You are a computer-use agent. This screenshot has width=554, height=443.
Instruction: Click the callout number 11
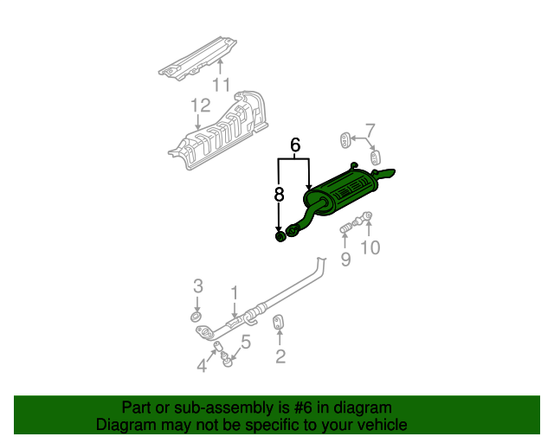click(222, 85)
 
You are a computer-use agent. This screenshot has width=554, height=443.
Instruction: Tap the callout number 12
click(200, 106)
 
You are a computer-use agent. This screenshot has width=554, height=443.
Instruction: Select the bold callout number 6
click(295, 144)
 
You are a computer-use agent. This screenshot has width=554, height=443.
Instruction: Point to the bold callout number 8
click(279, 195)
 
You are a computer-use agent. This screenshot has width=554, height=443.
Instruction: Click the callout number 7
click(370, 131)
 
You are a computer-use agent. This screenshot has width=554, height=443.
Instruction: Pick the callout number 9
click(346, 260)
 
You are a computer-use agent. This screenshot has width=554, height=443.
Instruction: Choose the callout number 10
click(370, 247)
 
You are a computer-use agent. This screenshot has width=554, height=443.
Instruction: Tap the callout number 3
click(198, 286)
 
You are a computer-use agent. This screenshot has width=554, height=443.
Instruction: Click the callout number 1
click(235, 293)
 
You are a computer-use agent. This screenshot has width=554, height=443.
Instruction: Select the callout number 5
click(246, 343)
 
